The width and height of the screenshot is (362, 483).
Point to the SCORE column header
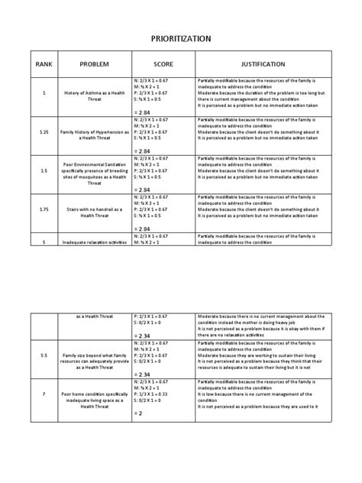click(x=163, y=65)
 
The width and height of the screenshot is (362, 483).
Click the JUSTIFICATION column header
click(x=263, y=65)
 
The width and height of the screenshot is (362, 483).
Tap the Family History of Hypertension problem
click(x=95, y=132)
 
